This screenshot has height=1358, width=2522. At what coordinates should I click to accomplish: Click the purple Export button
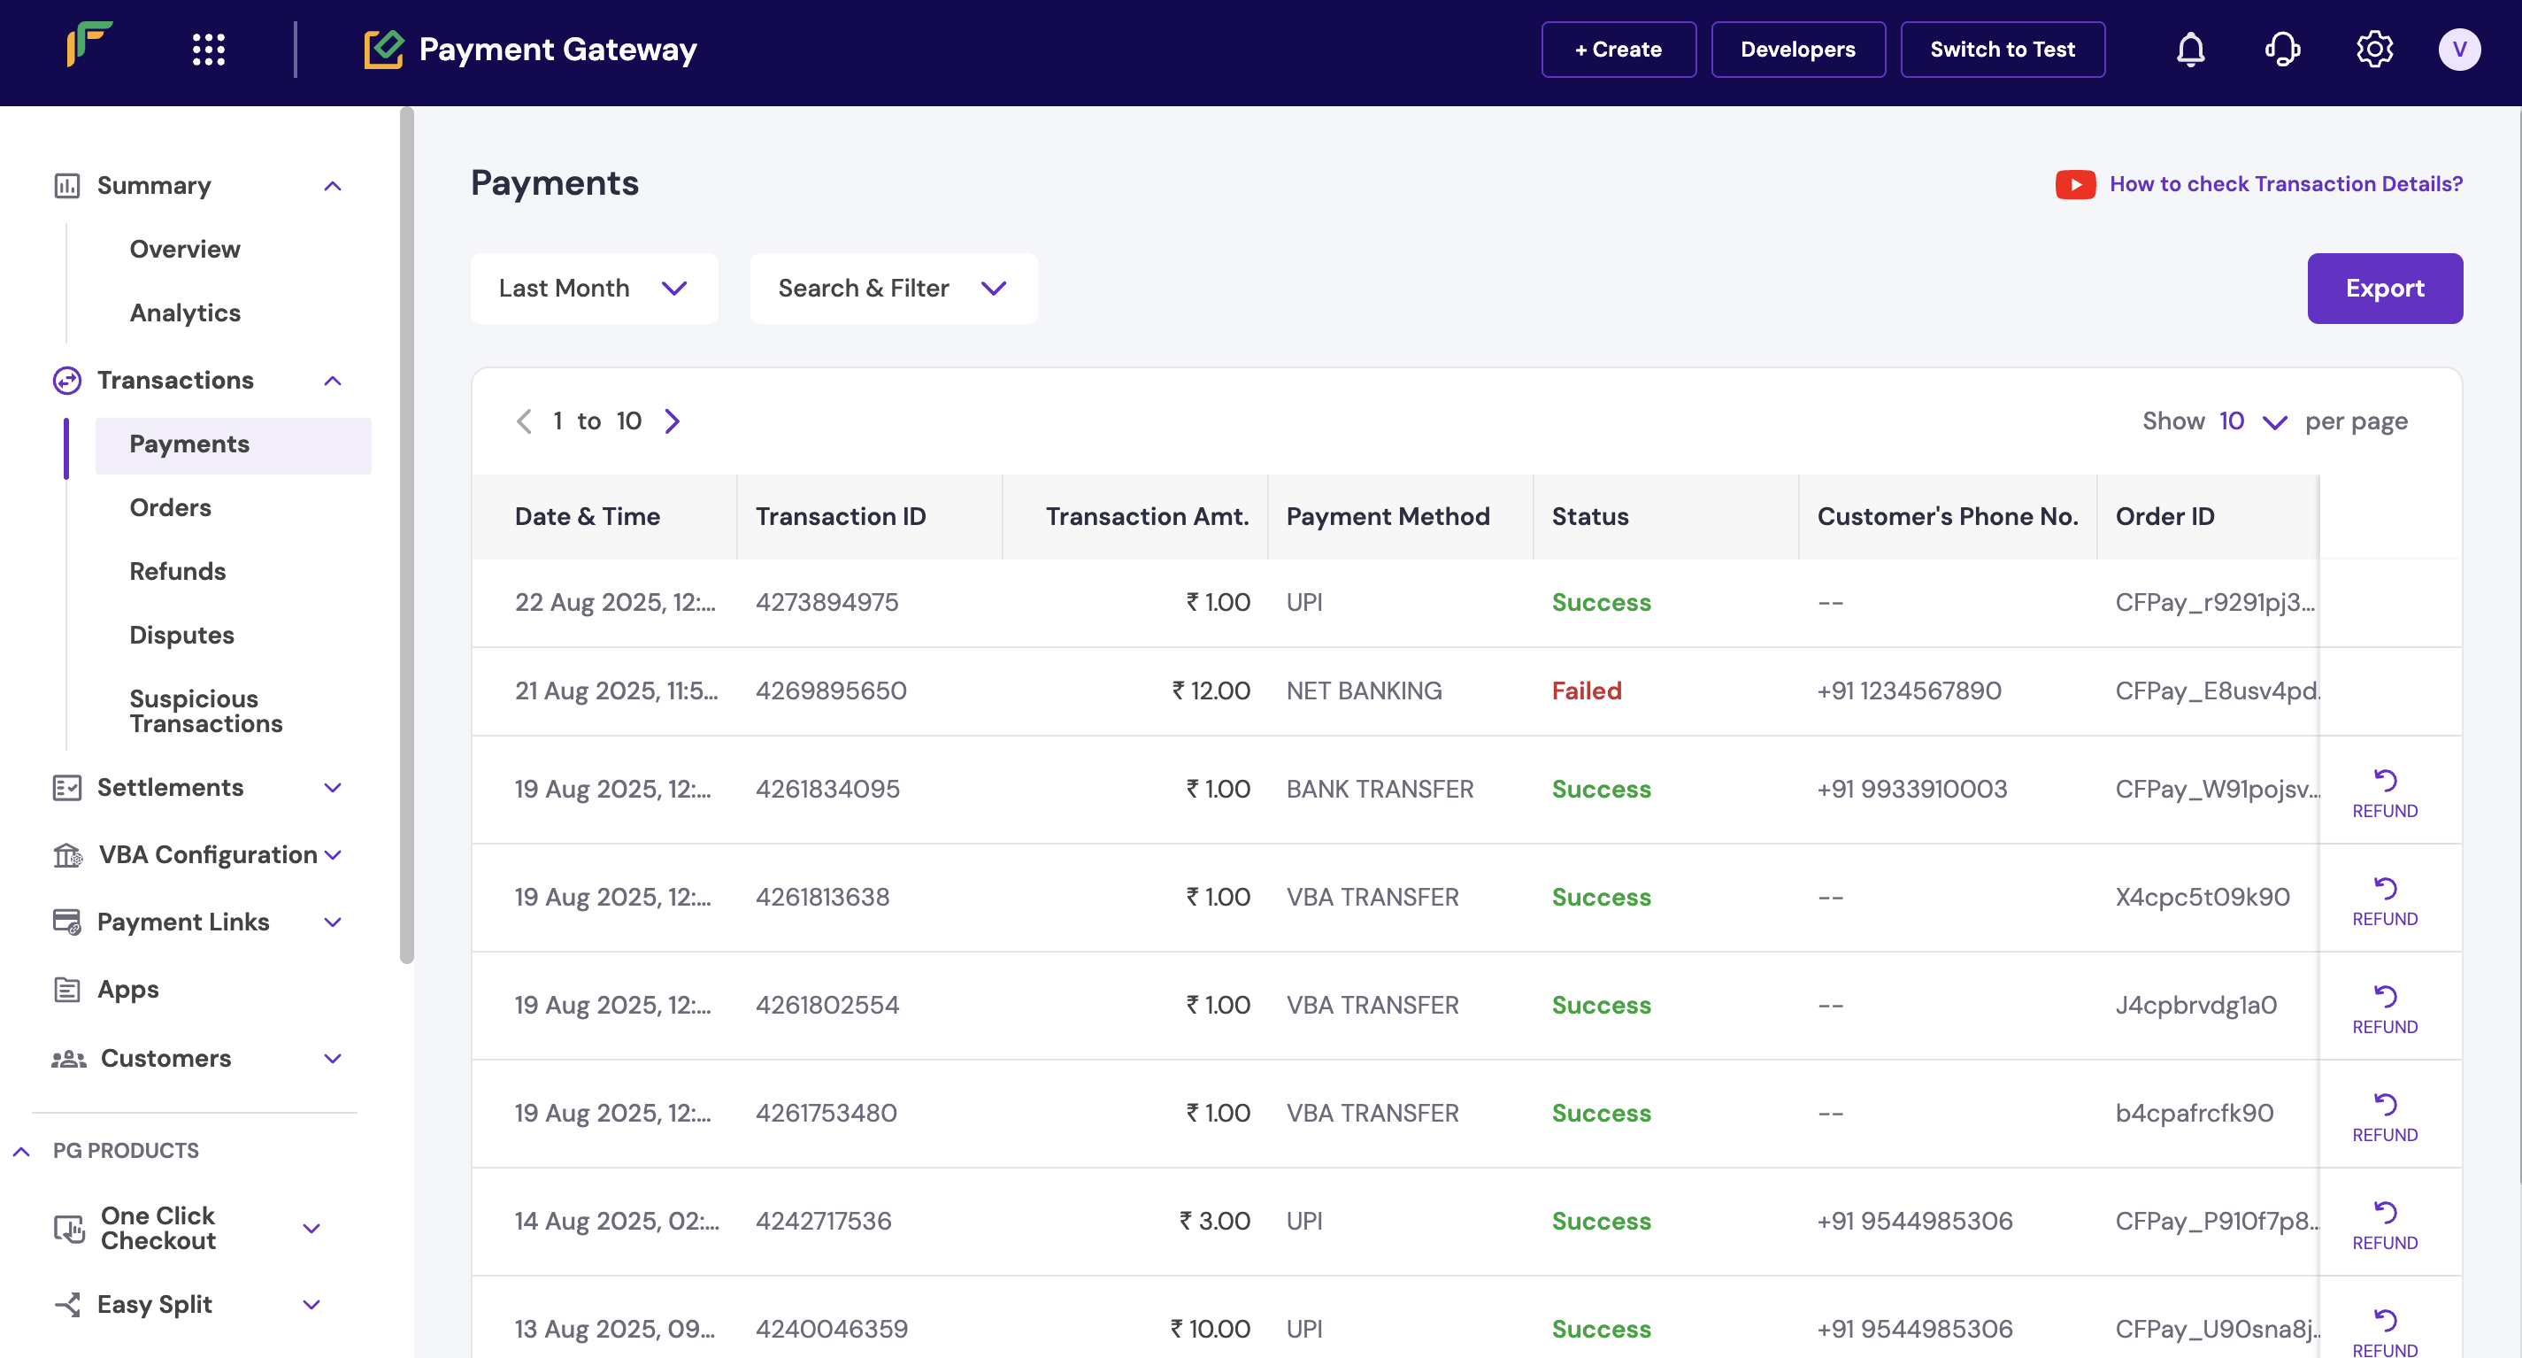pos(2384,288)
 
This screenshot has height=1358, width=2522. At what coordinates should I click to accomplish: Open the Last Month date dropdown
pos(593,288)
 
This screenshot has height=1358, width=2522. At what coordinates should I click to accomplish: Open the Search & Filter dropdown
pos(892,288)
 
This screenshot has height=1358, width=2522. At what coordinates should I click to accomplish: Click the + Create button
pos(1618,49)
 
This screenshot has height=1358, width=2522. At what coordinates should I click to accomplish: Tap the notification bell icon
pos(2190,49)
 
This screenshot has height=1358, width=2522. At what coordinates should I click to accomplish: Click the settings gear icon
pos(2373,49)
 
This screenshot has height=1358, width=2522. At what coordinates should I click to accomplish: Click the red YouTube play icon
pos(2074,184)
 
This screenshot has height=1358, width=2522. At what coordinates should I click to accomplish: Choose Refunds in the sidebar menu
pos(177,571)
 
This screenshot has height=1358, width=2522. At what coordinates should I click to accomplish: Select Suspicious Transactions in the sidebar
pos(205,711)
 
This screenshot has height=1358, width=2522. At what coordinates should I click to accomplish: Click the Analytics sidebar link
pos(185,312)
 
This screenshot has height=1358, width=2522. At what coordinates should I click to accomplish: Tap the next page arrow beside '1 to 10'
pos(672,421)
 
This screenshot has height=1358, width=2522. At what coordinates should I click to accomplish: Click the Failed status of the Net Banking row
pos(1586,691)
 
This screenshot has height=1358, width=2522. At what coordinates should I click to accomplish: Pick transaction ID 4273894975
pos(827,602)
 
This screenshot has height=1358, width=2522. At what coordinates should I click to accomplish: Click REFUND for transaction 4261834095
pos(2384,793)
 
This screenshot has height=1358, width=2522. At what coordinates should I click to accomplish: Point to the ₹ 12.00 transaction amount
pos(1211,691)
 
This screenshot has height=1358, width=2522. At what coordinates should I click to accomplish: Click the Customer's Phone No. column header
pos(1946,516)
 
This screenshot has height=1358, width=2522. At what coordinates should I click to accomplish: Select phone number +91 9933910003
pos(1911,788)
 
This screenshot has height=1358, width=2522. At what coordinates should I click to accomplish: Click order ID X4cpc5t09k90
pos(2202,897)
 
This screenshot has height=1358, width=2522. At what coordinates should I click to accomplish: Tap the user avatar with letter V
pos(2458,49)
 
